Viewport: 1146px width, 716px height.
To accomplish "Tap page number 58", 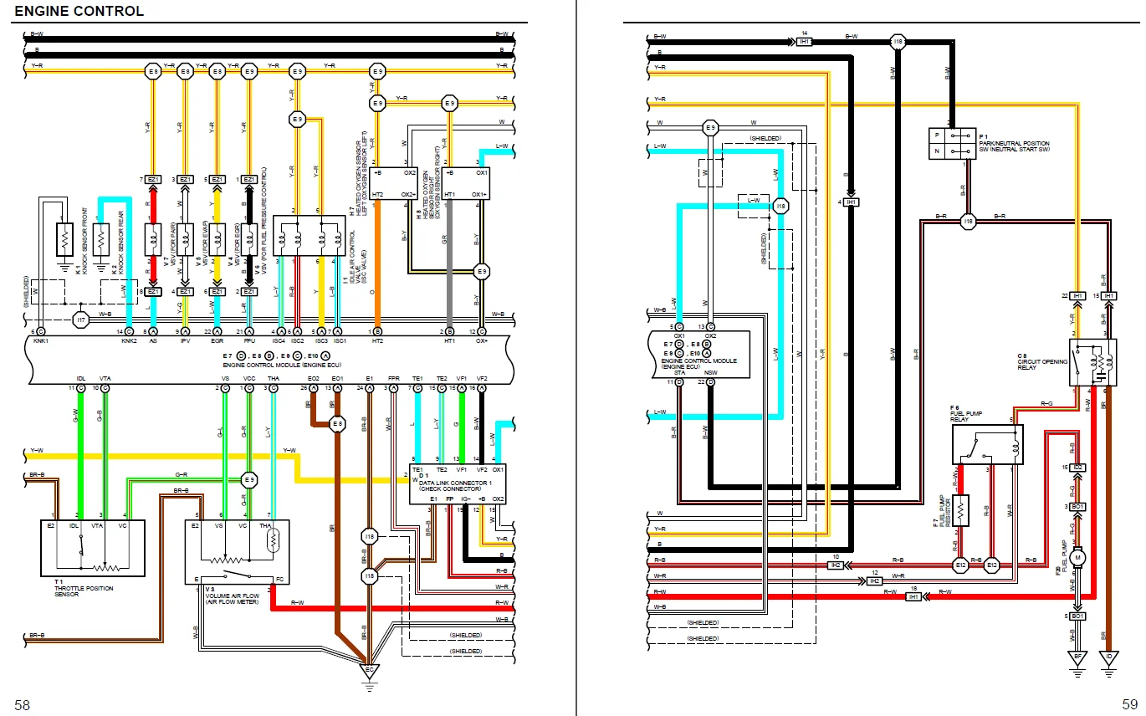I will point(22,705).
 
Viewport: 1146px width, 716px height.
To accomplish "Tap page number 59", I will point(1129,705).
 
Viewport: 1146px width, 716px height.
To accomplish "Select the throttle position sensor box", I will point(93,547).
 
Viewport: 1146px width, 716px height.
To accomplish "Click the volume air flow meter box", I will point(237,551).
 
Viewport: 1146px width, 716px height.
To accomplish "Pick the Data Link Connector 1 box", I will point(458,483).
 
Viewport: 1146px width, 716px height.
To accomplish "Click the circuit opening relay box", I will point(1092,362).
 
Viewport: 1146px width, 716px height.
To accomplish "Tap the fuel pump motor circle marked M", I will point(1078,555).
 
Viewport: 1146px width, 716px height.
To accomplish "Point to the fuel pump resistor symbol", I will point(961,510).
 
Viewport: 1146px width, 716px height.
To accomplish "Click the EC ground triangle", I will point(368,671).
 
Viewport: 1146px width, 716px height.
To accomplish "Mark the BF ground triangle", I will point(1078,657).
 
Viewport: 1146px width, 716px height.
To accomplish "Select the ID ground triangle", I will point(1109,657).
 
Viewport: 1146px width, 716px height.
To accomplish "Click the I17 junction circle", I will point(80,320).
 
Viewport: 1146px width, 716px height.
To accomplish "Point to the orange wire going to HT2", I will point(377,259).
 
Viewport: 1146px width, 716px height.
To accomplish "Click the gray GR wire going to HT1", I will point(450,259).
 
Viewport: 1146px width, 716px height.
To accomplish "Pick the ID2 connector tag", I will point(1078,467).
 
